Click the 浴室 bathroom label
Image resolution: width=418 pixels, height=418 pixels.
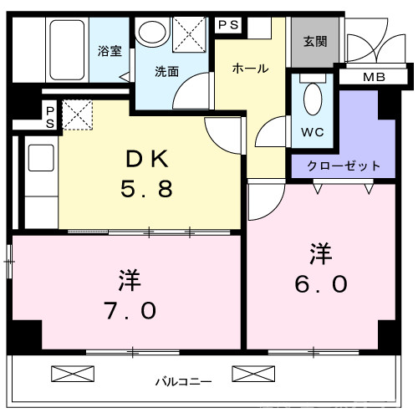point(110,50)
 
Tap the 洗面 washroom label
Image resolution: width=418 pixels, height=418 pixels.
point(166,71)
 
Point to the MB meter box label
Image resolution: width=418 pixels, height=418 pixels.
point(374,78)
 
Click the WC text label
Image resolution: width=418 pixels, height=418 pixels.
point(312,131)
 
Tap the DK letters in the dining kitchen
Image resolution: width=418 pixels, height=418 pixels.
point(147,158)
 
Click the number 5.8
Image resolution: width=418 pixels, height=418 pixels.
point(147,190)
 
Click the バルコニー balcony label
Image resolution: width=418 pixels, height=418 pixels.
point(182,382)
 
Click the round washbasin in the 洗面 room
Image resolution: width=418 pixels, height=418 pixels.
point(153,33)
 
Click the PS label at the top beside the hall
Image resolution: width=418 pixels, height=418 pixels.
point(228,25)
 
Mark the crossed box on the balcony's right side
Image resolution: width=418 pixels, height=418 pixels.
point(247,374)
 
